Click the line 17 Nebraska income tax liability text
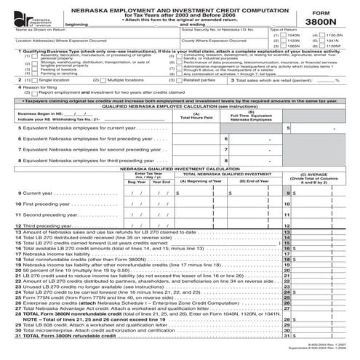55,253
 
